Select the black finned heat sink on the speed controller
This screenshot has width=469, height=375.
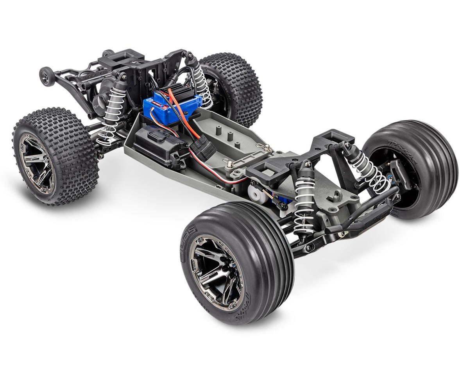click(x=184, y=88)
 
